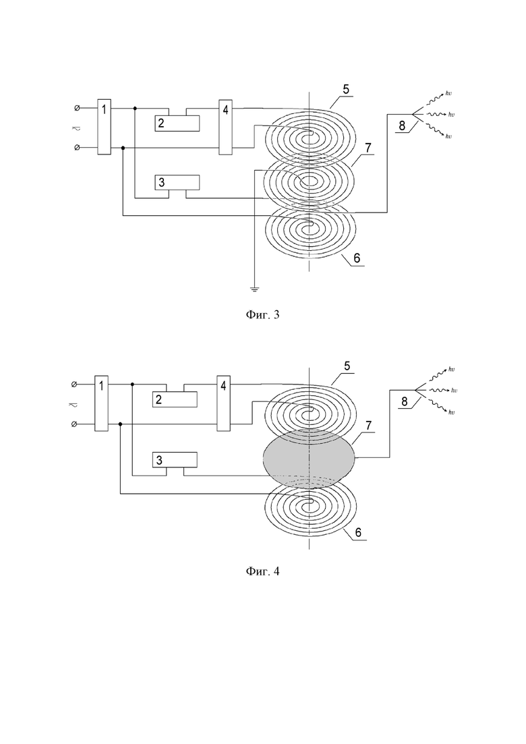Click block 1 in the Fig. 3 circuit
click(x=104, y=127)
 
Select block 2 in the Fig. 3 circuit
click(x=177, y=123)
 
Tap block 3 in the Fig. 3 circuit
click(x=177, y=183)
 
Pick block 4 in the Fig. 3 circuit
click(x=225, y=127)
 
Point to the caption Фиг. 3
click(x=263, y=314)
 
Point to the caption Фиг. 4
click(x=263, y=571)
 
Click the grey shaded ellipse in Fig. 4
click(x=309, y=458)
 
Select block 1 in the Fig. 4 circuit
click(x=101, y=403)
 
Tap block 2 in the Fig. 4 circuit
click(x=175, y=399)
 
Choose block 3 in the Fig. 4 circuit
click(x=175, y=459)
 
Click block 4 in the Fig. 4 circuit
click(x=223, y=403)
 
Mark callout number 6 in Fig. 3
click(x=357, y=258)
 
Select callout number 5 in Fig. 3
click(x=345, y=89)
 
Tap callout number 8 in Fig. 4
click(x=404, y=401)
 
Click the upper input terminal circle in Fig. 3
click(x=77, y=108)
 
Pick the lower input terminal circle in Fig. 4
click(x=74, y=424)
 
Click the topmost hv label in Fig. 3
click(x=448, y=94)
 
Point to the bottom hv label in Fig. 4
click(x=451, y=412)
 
